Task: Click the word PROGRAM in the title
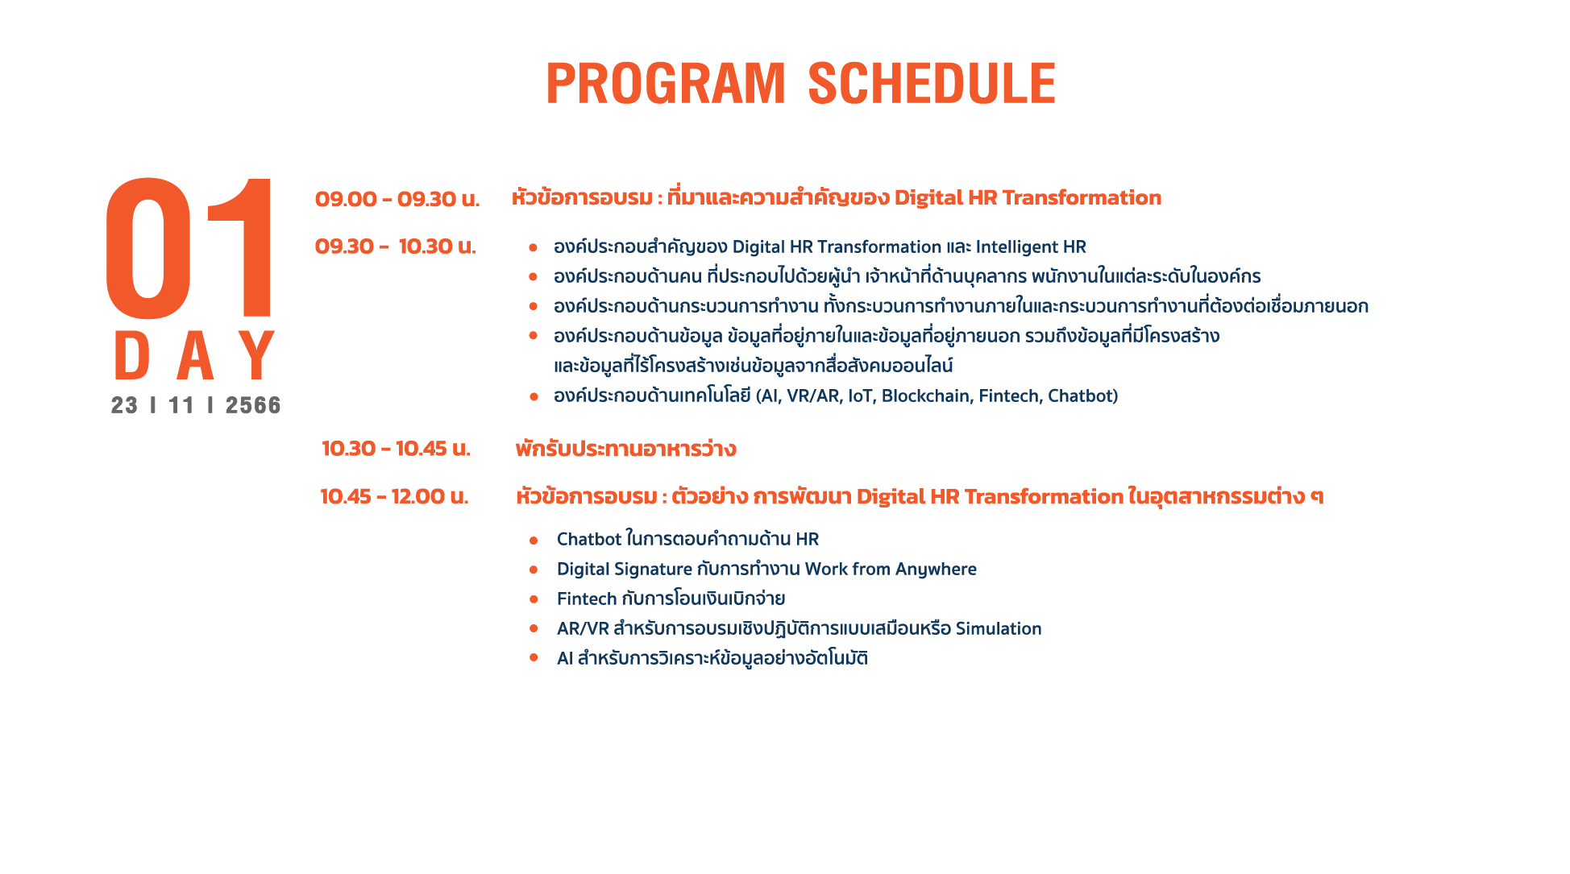click(666, 84)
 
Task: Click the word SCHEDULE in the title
click(932, 84)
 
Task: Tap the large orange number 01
click(190, 247)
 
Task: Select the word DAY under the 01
click(194, 355)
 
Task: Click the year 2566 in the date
click(253, 405)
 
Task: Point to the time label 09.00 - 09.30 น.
click(397, 199)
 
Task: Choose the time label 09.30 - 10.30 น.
click(396, 246)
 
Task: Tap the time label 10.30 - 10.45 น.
click(396, 449)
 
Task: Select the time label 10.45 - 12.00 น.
click(394, 496)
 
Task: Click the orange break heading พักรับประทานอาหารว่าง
click(625, 449)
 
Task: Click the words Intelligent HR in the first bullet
click(1031, 247)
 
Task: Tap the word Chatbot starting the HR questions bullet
click(589, 539)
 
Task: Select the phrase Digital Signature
click(625, 570)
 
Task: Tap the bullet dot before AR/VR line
click(534, 628)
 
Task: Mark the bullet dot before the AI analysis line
click(534, 658)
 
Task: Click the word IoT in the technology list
click(861, 396)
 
